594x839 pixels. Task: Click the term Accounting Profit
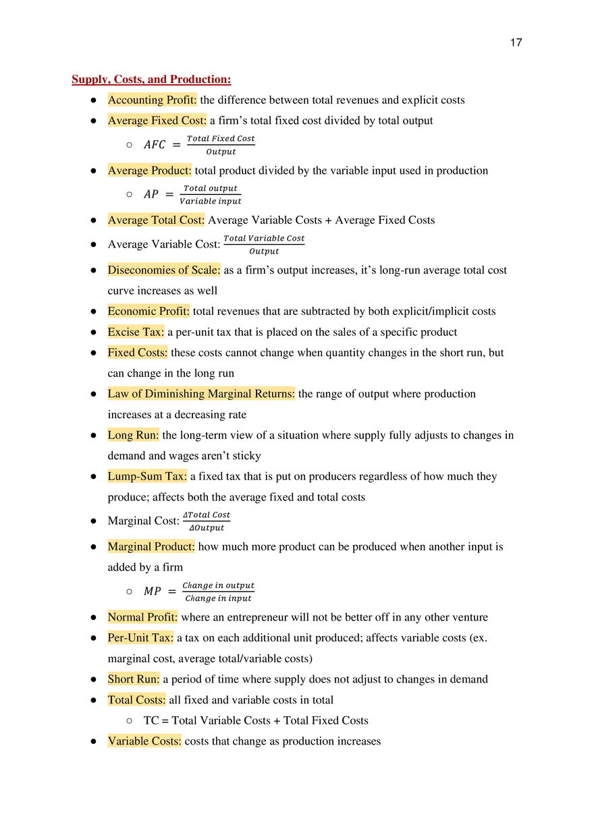152,100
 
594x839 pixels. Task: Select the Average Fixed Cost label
157,121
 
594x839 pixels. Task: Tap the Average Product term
149,171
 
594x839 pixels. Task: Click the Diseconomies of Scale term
163,270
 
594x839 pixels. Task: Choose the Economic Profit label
148,312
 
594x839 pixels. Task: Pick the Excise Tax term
136,332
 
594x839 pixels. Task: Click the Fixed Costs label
137,353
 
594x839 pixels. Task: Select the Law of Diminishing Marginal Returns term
201,394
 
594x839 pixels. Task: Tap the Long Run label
133,436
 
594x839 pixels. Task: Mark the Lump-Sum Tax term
146,477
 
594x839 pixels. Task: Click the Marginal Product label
151,546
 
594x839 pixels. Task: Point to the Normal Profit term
142,617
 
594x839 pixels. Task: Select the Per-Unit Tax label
140,637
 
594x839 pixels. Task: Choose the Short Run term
134,679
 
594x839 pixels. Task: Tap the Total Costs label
136,700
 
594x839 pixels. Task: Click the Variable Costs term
144,741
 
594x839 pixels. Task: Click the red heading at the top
152,81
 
